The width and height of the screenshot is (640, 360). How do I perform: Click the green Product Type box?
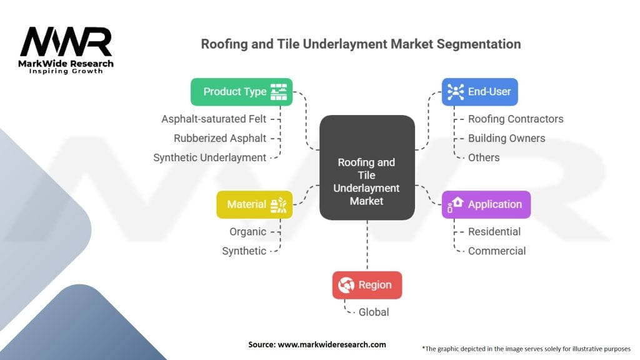(241, 91)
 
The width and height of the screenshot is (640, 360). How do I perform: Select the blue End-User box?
(479, 91)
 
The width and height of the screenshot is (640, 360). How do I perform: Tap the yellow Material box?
(254, 204)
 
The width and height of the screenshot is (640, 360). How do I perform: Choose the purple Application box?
(486, 204)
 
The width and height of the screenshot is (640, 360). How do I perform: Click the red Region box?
(367, 285)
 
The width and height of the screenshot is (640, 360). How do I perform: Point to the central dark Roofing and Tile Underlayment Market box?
(367, 168)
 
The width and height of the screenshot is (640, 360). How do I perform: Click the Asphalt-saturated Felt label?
(214, 119)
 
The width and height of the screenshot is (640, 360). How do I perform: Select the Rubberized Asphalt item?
(220, 138)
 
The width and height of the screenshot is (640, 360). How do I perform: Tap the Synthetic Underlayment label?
(210, 157)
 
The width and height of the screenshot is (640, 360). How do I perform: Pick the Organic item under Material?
(247, 231)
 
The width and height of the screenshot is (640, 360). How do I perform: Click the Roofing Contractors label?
(516, 119)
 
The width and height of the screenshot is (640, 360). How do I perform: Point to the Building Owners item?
(506, 138)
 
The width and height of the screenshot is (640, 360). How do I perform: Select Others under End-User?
(484, 157)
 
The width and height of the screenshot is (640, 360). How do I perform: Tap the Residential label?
(494, 231)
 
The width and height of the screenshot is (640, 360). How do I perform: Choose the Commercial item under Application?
(497, 251)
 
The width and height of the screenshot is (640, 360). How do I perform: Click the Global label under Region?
(374, 312)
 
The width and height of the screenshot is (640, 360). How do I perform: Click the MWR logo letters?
(66, 42)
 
